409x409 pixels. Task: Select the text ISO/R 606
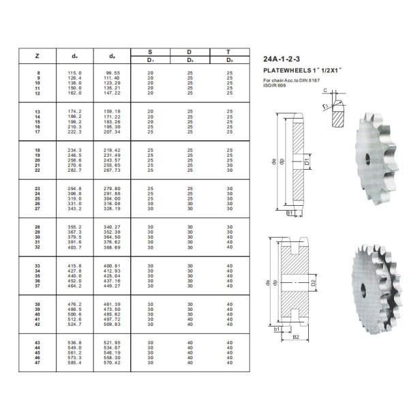click(275, 86)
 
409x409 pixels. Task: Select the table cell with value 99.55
click(112, 72)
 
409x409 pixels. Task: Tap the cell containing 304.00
click(112, 198)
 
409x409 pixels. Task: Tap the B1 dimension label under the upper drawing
click(289, 213)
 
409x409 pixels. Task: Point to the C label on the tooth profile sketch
click(326, 91)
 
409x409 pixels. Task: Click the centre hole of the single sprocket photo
click(369, 158)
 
